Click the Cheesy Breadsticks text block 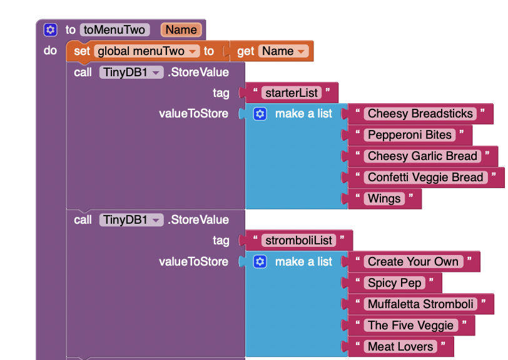[420, 114]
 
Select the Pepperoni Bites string [409, 135]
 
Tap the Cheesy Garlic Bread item [422, 156]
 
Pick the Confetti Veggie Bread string [425, 177]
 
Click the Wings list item [384, 199]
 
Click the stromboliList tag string [300, 241]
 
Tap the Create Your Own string [413, 262]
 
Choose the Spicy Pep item [394, 283]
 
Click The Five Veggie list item [410, 326]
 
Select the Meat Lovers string [400, 347]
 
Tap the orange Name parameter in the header [181, 30]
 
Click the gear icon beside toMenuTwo [51, 30]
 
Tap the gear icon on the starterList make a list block [260, 114]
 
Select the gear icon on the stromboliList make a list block [260, 262]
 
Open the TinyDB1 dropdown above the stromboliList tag [154, 220]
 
